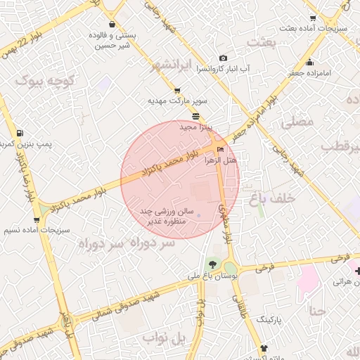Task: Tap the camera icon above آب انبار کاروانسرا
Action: [223, 58]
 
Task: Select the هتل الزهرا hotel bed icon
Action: [221, 149]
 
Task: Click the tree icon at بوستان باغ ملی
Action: [212, 264]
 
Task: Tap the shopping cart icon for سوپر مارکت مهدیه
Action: [176, 90]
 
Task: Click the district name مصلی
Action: [297, 122]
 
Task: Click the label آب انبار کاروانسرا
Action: [224, 69]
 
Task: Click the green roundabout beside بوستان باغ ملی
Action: [230, 268]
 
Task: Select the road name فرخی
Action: [264, 268]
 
